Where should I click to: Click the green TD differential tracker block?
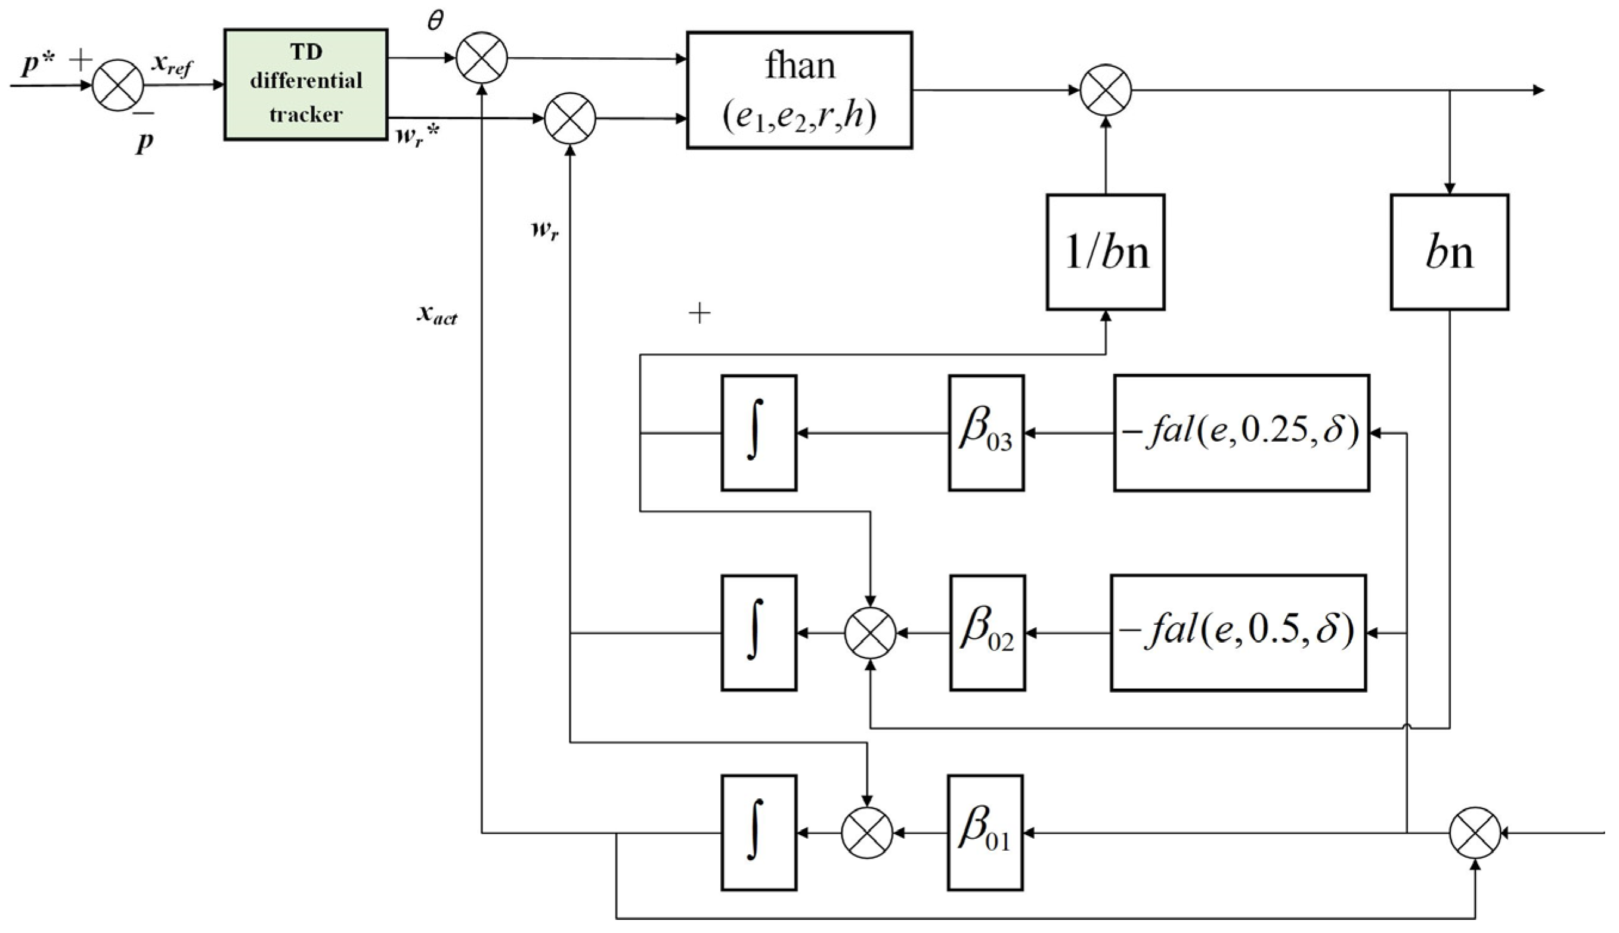click(x=306, y=84)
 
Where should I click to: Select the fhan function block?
click(x=799, y=89)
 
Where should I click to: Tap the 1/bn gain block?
click(x=1106, y=252)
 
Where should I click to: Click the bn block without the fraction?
click(x=1449, y=252)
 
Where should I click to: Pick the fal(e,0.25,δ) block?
click(x=1242, y=433)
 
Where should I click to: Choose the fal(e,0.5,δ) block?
click(x=1239, y=633)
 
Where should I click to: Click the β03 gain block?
click(x=986, y=433)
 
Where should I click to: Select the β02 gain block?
click(x=987, y=633)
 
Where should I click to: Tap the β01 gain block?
click(x=985, y=833)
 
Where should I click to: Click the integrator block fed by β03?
click(x=759, y=433)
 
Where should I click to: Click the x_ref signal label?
click(x=171, y=66)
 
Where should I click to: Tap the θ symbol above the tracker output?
click(x=435, y=20)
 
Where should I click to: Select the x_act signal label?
click(x=438, y=315)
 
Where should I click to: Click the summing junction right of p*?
click(x=118, y=85)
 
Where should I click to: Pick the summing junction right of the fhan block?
click(x=1106, y=91)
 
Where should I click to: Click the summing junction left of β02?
click(x=870, y=633)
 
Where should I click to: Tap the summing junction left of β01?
click(x=866, y=833)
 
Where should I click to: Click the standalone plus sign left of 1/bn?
click(x=699, y=314)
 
